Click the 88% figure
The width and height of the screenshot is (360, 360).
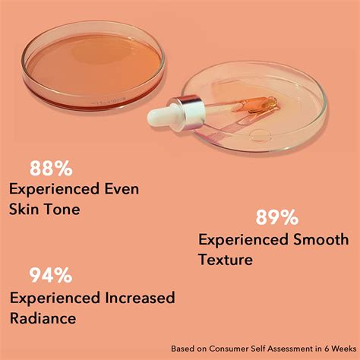coord(52,167)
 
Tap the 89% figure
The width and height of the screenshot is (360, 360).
coord(276,218)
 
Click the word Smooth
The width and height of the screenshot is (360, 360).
coord(322,240)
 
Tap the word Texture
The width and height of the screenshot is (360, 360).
coord(226,259)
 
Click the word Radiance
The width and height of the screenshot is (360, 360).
coord(43,317)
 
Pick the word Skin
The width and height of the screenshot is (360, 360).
coord(24,208)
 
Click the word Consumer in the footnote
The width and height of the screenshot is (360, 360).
coord(236,343)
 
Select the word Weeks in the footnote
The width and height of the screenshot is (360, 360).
coord(337,343)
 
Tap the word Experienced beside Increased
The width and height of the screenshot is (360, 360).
coord(57,297)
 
